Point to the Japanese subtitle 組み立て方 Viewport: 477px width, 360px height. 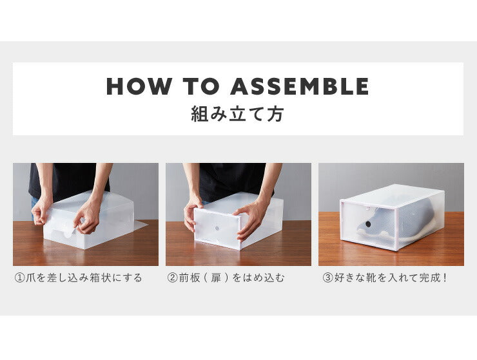pyautogui.click(x=238, y=115)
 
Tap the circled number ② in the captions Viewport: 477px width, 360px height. pyautogui.click(x=172, y=278)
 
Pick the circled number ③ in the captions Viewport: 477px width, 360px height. pyautogui.click(x=327, y=278)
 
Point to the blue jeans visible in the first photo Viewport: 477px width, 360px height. pyautogui.click(x=34, y=203)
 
